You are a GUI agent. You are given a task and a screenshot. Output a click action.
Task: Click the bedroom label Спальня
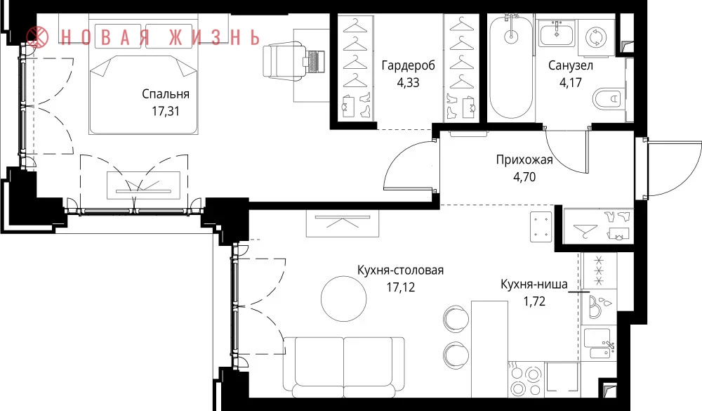[x=166, y=94]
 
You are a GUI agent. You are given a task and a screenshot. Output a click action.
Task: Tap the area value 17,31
[x=166, y=111]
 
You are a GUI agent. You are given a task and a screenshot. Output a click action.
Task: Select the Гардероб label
[x=409, y=66]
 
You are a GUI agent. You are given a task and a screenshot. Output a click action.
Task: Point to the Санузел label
[x=571, y=66]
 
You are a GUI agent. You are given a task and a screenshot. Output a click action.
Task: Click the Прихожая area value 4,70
[x=524, y=177]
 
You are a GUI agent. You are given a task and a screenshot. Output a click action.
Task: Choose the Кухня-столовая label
[x=400, y=270]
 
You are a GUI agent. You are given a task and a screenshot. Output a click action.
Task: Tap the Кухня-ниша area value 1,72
[x=534, y=301]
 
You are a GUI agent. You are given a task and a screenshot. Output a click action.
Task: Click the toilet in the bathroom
[x=609, y=99]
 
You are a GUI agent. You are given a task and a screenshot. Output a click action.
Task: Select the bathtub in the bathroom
[x=511, y=67]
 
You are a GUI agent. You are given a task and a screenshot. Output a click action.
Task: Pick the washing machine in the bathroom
[x=596, y=37]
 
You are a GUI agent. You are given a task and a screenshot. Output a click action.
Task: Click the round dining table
[x=344, y=298]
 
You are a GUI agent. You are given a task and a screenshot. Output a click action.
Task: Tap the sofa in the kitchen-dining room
[x=344, y=367]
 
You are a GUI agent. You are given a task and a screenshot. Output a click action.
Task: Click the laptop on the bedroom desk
[x=315, y=61]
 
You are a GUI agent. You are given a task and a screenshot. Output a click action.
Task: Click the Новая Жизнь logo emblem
[x=37, y=37]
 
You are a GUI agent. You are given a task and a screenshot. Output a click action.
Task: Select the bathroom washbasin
[x=557, y=34]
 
